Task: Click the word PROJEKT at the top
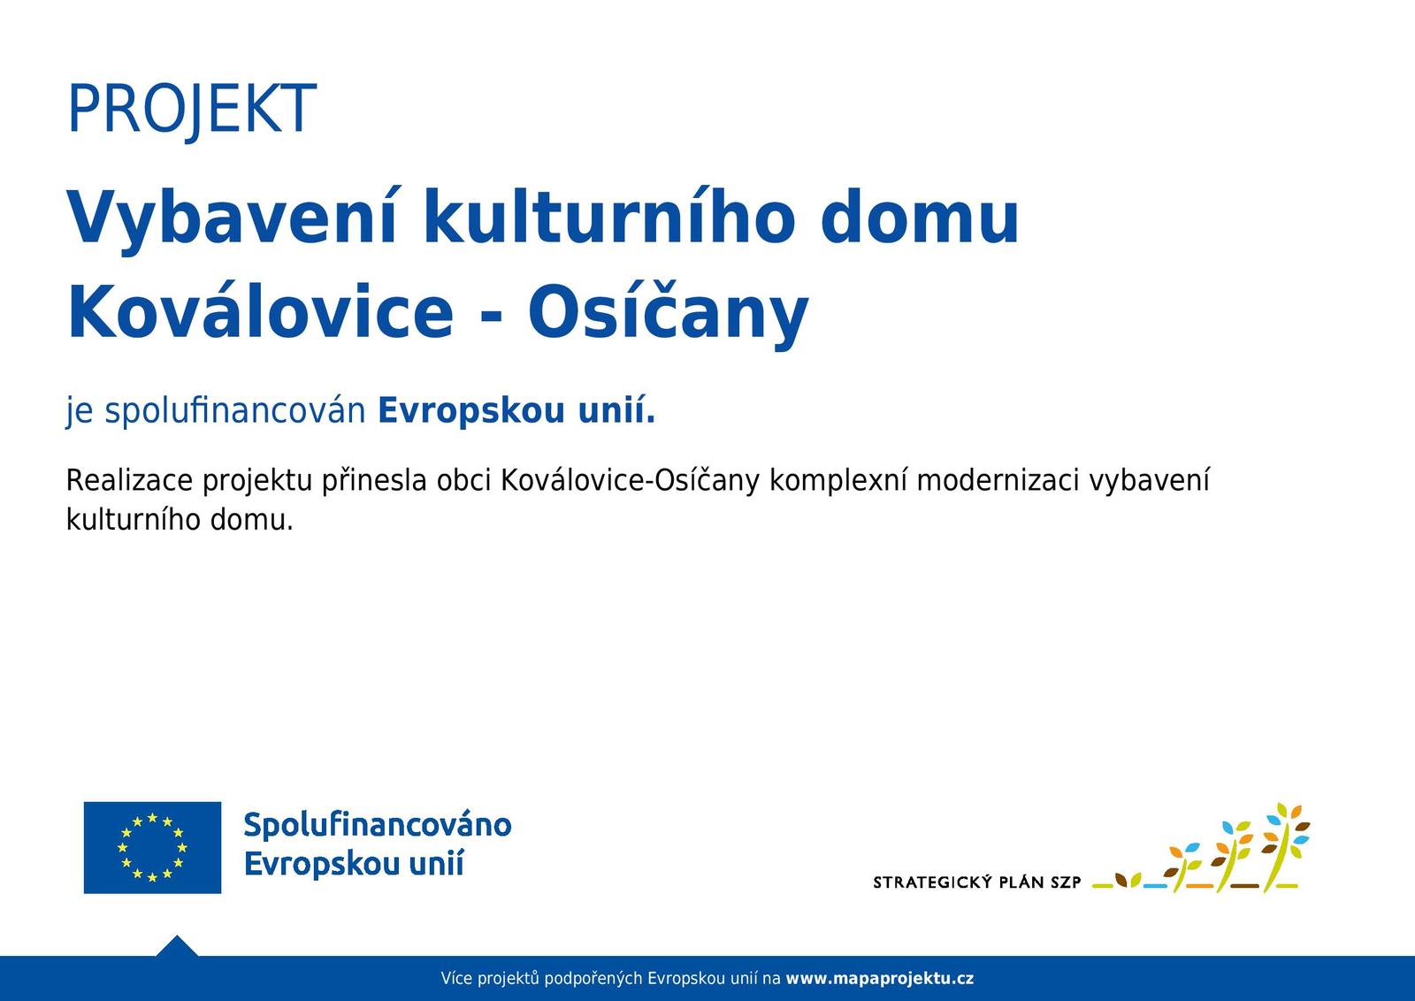pyautogui.click(x=191, y=110)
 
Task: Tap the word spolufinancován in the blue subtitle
pyautogui.click(x=235, y=411)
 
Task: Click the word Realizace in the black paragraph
pyautogui.click(x=129, y=481)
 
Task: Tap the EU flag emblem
pyautogui.click(x=152, y=847)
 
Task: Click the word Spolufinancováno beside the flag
pyautogui.click(x=378, y=825)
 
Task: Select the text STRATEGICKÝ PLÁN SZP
pyautogui.click(x=976, y=882)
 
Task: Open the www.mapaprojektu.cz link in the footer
pyautogui.click(x=880, y=978)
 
